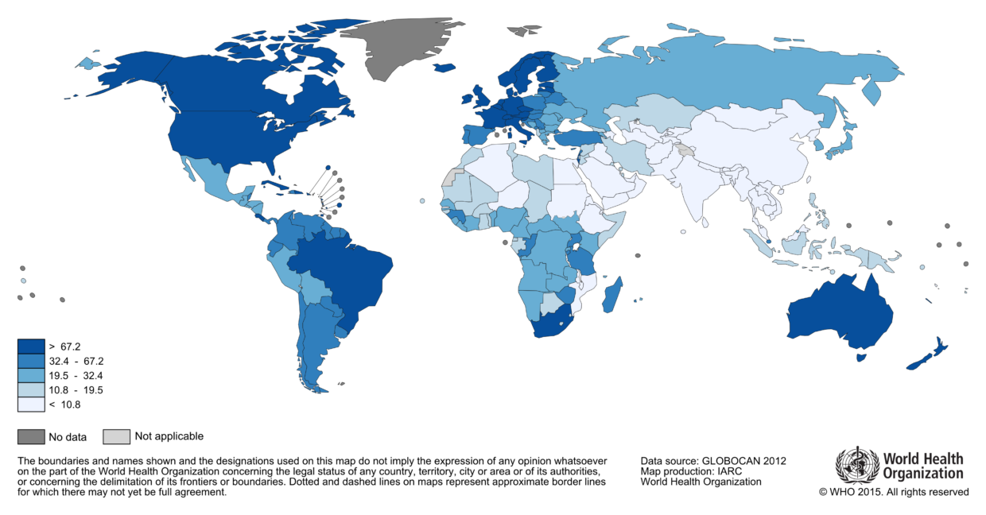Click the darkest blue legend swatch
click(x=31, y=347)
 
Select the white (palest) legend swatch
click(x=31, y=404)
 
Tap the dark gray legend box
click(x=31, y=436)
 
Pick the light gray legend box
click(x=116, y=436)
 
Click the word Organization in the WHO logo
click(x=922, y=474)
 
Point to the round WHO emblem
click(x=856, y=466)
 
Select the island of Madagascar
click(x=612, y=295)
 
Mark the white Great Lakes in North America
click(x=275, y=123)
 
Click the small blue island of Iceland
click(x=444, y=68)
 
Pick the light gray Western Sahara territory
click(x=452, y=177)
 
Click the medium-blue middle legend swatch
click(x=31, y=375)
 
